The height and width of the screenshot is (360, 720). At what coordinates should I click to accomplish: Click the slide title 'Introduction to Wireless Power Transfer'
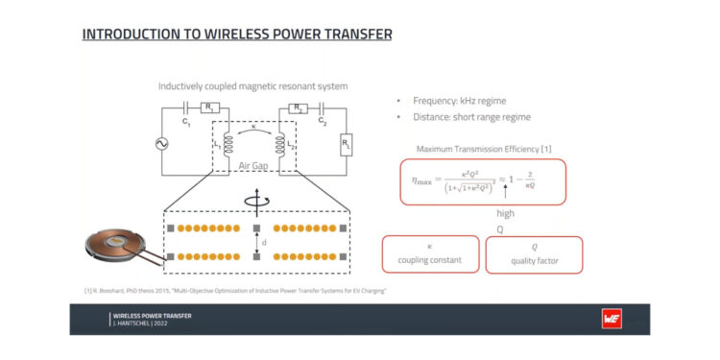pyautogui.click(x=236, y=35)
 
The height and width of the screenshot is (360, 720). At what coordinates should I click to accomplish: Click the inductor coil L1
pyautogui.click(x=228, y=145)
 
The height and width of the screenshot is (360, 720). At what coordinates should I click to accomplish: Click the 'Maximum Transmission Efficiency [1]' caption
pyautogui.click(x=480, y=149)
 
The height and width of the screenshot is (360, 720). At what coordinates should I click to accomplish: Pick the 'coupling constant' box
pyautogui.click(x=430, y=253)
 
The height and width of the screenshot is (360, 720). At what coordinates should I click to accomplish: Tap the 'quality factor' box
pyautogui.click(x=534, y=254)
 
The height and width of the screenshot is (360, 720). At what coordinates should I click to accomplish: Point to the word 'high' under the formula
pyautogui.click(x=505, y=212)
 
